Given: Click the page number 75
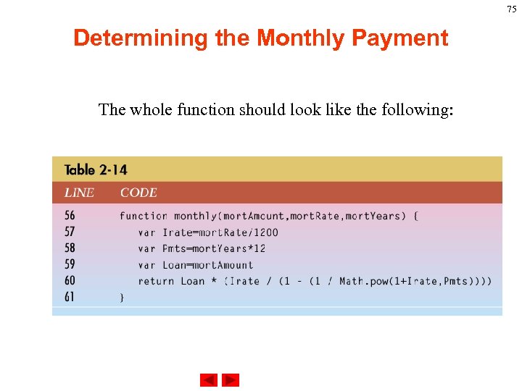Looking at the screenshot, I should click(512, 9).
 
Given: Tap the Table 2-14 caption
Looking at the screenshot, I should click(96, 170).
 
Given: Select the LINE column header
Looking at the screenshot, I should click(79, 193).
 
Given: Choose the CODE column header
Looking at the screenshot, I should click(138, 193).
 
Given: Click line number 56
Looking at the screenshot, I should click(70, 216).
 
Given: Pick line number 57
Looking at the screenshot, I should click(70, 232).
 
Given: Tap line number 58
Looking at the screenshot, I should click(70, 248).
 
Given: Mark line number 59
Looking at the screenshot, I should click(70, 264).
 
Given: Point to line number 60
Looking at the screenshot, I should click(70, 281).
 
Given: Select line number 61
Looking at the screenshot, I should click(70, 297).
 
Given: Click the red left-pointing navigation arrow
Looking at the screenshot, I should click(209, 380).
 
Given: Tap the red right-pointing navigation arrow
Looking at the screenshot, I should click(231, 380).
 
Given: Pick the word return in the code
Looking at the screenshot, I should click(156, 281).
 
